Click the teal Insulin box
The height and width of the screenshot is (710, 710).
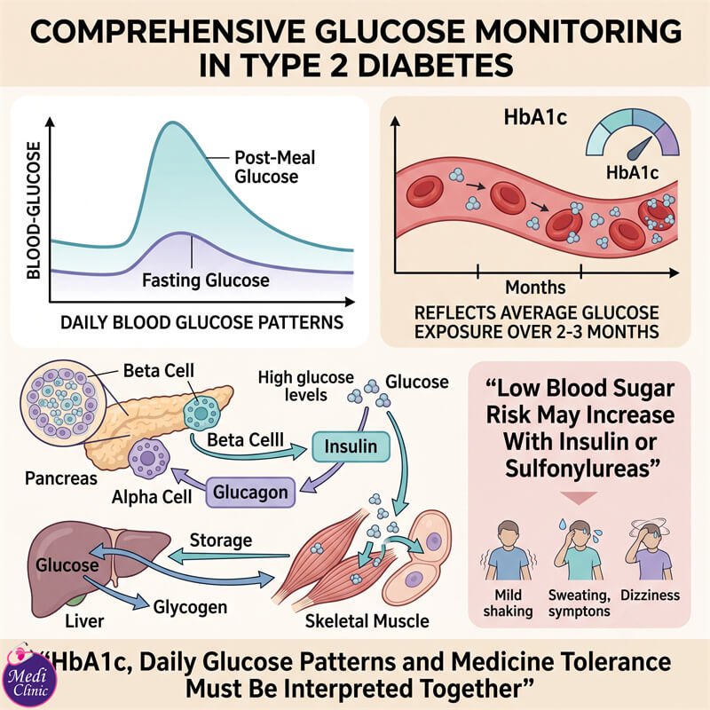351,446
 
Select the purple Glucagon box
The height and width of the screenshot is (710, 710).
250,493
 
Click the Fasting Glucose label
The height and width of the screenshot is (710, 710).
206,280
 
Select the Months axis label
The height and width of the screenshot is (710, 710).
535,288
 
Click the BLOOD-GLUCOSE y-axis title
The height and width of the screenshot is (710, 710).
34,210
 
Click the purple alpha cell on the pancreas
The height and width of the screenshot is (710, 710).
148,459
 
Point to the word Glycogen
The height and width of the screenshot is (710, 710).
190,607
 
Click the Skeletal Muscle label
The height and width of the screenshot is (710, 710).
367,621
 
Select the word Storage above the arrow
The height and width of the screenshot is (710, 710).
220,540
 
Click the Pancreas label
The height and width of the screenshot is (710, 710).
61,478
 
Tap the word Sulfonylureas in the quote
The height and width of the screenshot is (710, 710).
581,469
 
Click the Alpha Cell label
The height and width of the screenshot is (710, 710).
152,497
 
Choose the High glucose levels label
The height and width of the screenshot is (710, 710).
305,386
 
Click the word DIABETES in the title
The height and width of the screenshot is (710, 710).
436,66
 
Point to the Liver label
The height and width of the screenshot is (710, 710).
84,621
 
